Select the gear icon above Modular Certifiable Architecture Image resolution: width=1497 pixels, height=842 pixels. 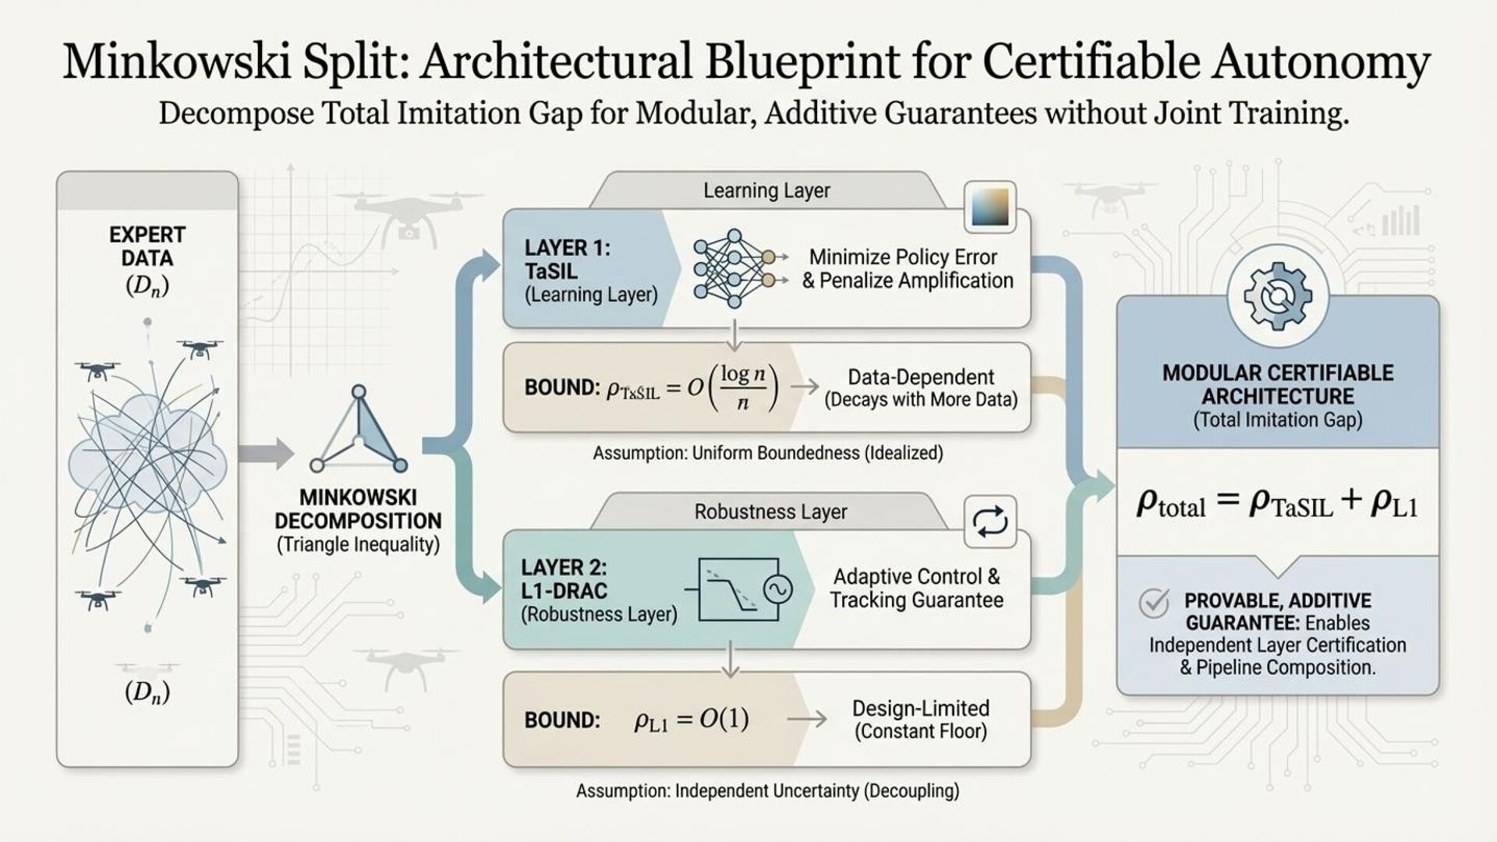tap(1277, 296)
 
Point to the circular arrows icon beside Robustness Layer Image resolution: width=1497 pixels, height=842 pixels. tap(990, 521)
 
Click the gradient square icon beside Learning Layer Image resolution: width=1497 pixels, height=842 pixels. tap(990, 207)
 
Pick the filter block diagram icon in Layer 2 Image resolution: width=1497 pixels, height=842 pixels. tap(745, 589)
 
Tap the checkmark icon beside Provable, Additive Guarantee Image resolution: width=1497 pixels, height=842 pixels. tap(1154, 603)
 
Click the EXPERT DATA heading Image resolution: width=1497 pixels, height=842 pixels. tap(147, 246)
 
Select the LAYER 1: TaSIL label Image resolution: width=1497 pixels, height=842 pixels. tap(568, 260)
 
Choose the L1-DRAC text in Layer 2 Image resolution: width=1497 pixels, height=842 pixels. tap(564, 590)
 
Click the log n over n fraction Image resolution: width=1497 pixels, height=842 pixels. tap(743, 387)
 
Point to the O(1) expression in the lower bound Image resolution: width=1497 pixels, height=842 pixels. tap(724, 719)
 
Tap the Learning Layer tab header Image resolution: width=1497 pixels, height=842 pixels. tap(766, 191)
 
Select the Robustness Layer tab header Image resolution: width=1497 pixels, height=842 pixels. tap(770, 512)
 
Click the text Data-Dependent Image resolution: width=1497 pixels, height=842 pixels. tap(921, 377)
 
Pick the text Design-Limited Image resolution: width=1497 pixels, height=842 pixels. tap(921, 709)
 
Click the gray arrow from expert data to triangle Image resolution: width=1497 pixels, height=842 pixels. tap(265, 454)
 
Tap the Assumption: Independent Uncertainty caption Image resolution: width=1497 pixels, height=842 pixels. tap(767, 791)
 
